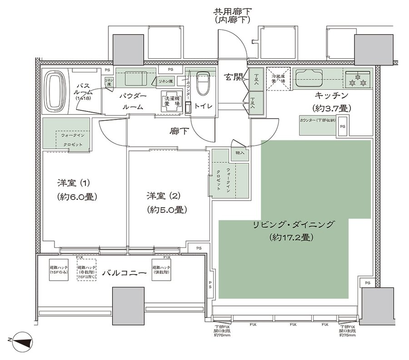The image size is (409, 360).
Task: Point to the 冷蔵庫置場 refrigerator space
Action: [278, 79]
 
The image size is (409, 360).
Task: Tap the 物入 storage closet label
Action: [239, 153]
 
